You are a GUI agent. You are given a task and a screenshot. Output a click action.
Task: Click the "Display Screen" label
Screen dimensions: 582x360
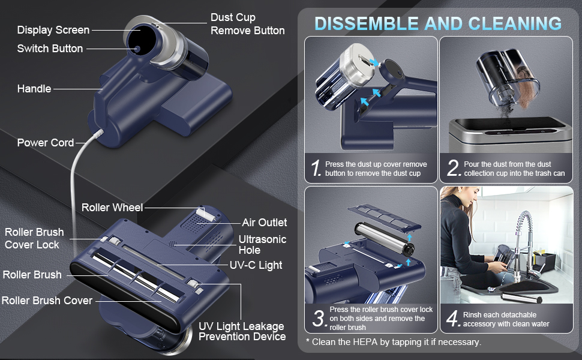click(53, 30)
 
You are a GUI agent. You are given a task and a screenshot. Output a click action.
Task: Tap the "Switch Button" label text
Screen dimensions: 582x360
click(50, 49)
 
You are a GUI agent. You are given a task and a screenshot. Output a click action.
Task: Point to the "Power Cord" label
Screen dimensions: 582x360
click(45, 143)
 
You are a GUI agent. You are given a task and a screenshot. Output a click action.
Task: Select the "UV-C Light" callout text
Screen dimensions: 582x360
click(256, 265)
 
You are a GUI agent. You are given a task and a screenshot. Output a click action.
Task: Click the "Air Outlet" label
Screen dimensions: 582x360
click(264, 223)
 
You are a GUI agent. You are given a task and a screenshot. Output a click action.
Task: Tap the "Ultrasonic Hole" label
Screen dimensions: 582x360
click(262, 245)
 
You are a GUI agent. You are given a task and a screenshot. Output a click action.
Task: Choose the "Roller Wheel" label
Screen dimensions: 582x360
click(112, 208)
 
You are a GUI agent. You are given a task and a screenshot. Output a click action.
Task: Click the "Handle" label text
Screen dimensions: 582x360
click(34, 89)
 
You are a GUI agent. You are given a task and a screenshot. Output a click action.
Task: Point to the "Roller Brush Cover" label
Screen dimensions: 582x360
click(47, 300)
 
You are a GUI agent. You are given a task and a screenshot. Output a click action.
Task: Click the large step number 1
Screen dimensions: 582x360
click(316, 168)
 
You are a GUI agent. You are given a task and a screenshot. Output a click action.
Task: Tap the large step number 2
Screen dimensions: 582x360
click(454, 168)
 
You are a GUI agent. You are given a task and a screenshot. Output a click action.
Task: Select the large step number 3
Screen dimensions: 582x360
click(319, 319)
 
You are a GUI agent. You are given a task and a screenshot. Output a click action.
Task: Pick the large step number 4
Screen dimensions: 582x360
click(453, 319)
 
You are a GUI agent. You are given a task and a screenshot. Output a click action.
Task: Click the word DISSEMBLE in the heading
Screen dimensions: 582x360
click(367, 24)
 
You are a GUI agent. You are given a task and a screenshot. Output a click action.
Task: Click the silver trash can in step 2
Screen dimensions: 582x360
click(510, 136)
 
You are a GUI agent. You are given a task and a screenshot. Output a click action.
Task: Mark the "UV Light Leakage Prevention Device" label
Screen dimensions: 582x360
click(242, 331)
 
